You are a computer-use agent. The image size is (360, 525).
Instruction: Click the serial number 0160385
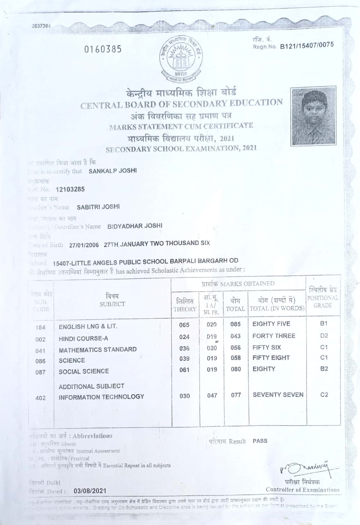pyautogui.click(x=103, y=50)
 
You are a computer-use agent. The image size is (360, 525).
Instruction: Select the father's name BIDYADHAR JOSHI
pyautogui.click(x=135, y=226)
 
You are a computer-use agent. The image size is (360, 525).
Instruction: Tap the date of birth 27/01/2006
pyautogui.click(x=84, y=244)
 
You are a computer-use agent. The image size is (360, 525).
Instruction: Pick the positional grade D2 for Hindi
pyautogui.click(x=324, y=336)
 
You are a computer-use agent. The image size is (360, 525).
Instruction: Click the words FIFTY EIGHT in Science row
pyautogui.click(x=271, y=358)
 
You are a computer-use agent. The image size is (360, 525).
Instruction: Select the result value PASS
pyautogui.click(x=260, y=441)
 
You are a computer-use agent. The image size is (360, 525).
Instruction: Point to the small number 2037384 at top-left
pyautogui.click(x=41, y=26)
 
